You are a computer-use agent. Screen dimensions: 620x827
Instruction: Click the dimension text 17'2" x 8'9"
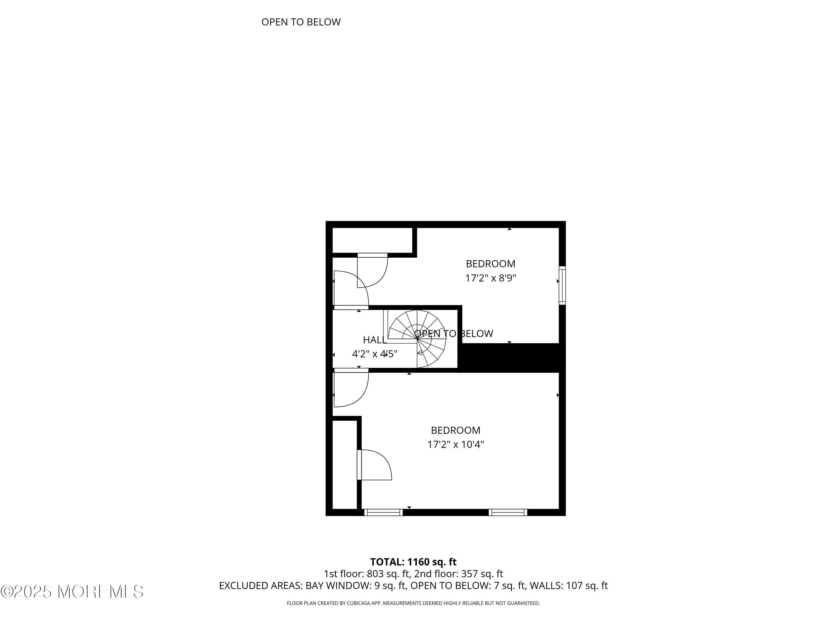pos(490,278)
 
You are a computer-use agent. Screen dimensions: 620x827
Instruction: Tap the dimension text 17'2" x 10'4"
pos(455,444)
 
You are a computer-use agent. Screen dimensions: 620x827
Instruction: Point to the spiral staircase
pos(418,338)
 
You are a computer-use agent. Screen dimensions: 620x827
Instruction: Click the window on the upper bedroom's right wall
pos(562,285)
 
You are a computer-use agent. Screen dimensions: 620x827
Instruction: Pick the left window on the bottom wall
pos(383,512)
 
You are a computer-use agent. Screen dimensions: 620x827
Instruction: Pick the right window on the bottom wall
pos(508,512)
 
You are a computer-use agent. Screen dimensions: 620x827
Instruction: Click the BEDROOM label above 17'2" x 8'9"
pos(490,264)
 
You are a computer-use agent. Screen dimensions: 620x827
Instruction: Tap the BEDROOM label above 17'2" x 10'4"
pos(455,430)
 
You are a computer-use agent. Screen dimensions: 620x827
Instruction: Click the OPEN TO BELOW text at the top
pos(301,22)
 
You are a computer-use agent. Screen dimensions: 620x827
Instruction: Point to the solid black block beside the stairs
pos(510,358)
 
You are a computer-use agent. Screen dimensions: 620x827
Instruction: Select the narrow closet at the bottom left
pos(344,465)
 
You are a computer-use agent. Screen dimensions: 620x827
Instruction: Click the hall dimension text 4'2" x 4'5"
pos(375,354)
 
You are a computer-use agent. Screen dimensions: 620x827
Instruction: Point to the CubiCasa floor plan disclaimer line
pos(413,603)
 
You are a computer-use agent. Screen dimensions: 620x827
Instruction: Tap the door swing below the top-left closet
pos(372,271)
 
